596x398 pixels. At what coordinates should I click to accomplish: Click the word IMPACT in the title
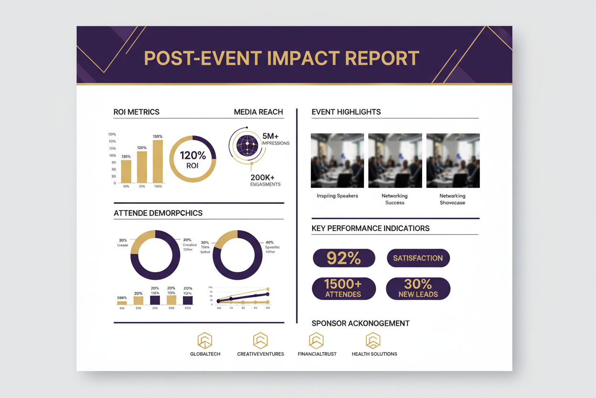click(293, 58)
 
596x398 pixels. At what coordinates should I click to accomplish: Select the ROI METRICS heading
click(137, 112)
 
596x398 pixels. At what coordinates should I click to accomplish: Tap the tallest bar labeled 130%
click(158, 161)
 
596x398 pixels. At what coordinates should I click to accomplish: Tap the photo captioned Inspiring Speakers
click(337, 160)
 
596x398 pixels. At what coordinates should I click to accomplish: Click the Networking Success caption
click(394, 199)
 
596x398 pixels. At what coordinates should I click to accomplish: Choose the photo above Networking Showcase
click(453, 160)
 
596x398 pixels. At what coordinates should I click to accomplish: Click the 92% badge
click(344, 258)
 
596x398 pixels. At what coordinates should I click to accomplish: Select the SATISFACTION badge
click(418, 258)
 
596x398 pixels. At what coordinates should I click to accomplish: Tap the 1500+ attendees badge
click(343, 288)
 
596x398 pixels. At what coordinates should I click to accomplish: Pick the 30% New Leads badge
click(418, 288)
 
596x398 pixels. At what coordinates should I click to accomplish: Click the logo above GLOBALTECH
click(205, 340)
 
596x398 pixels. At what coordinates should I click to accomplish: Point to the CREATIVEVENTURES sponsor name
click(260, 354)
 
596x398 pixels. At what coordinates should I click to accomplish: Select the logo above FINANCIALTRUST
click(316, 340)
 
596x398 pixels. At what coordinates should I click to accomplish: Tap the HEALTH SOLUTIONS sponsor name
click(374, 354)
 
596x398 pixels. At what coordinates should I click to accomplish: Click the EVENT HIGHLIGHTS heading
click(346, 112)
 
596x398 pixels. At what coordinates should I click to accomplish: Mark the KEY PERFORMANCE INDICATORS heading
click(371, 228)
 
